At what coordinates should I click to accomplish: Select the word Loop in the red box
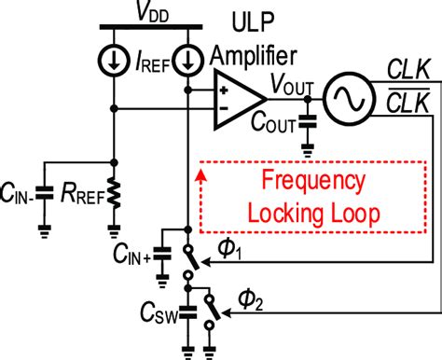[338, 213]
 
